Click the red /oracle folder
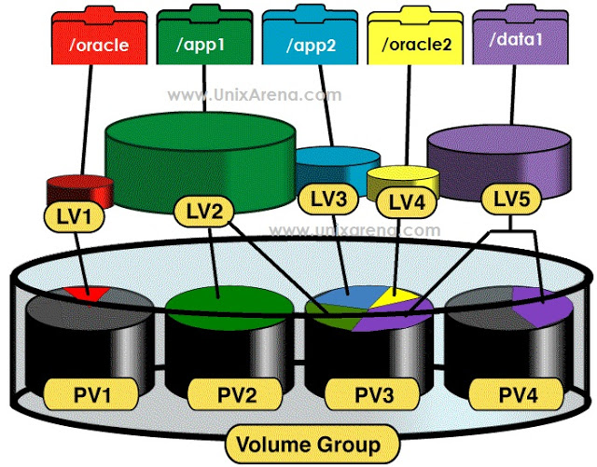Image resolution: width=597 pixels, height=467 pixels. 100,37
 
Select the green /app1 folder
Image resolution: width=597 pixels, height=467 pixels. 204,37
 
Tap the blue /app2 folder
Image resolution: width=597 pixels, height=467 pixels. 310,37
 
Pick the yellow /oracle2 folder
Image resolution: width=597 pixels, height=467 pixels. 415,37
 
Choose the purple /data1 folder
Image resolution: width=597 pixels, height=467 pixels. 521,37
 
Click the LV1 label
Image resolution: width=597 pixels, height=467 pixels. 75,217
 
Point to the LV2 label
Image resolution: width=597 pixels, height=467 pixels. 203,212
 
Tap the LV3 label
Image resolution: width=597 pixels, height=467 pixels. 328,199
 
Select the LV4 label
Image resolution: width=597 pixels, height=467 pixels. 407,202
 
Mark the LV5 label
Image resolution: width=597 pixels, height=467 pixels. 511,199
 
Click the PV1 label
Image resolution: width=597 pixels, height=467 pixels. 91,394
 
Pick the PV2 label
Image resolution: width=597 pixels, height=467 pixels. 235,394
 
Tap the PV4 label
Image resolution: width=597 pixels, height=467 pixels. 516,394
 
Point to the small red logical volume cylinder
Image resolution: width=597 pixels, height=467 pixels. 80,191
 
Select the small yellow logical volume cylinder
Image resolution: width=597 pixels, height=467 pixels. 403,183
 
